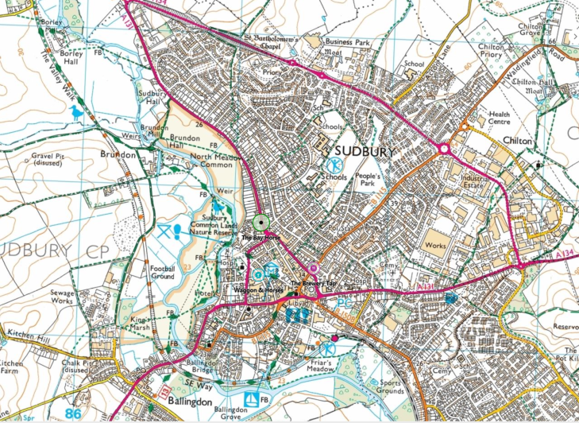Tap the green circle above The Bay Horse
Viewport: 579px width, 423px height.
[261, 223]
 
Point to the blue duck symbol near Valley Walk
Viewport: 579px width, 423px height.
[76, 114]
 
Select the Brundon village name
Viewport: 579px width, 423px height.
[119, 154]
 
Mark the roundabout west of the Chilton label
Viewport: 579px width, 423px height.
[443, 147]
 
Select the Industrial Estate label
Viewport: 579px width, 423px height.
[475, 183]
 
